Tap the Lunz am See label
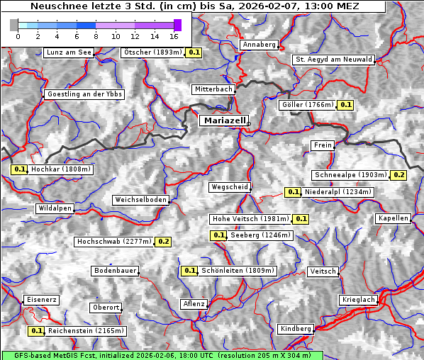tap(68, 52)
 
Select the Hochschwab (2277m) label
tap(114, 242)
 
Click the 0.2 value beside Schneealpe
tap(398, 175)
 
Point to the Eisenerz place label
tap(41, 300)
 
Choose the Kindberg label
tap(296, 329)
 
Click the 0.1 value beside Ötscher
tap(194, 52)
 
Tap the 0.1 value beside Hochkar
tap(19, 169)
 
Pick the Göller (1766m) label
tap(307, 105)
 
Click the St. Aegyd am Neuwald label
tap(333, 60)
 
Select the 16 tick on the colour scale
tap(174, 35)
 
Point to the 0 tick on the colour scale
tap(18, 35)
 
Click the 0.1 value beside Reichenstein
tap(36, 331)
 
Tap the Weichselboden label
tap(141, 200)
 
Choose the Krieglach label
tap(357, 300)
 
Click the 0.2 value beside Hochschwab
tap(164, 242)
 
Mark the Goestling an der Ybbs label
tap(84, 94)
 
